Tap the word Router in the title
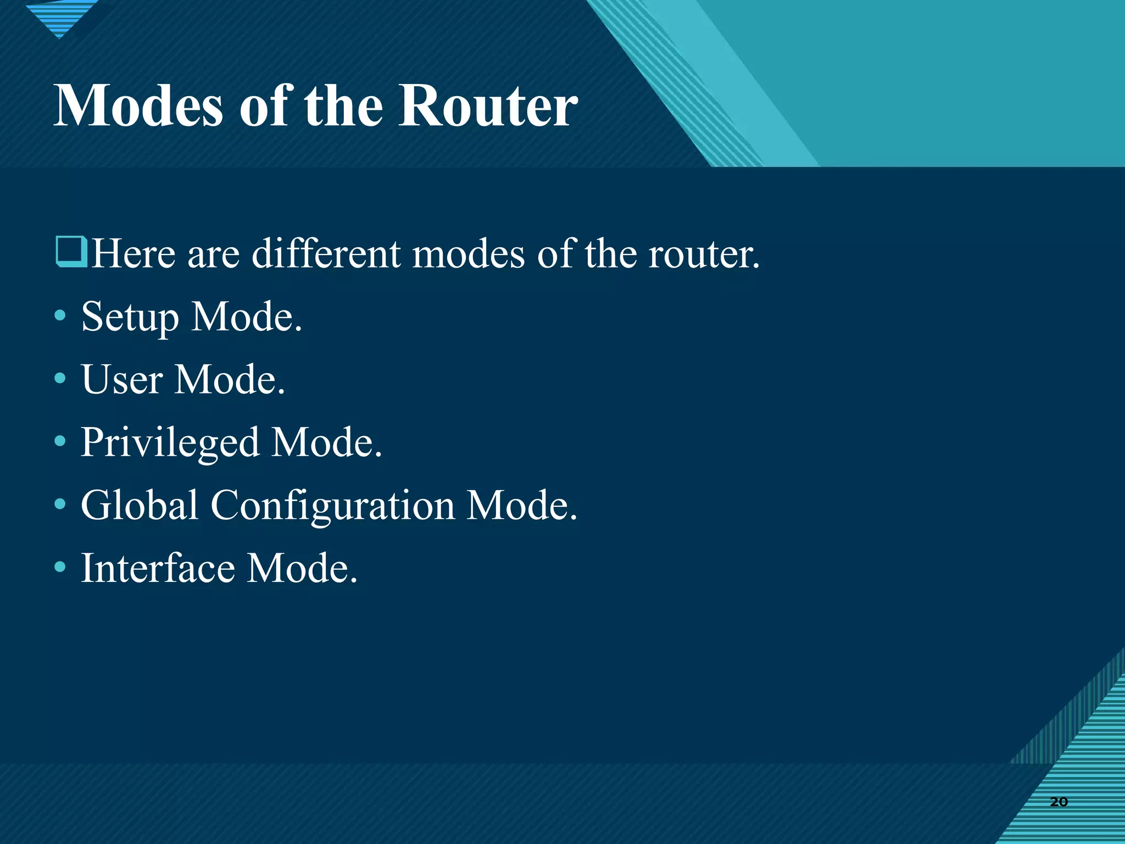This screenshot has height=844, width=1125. tap(488, 105)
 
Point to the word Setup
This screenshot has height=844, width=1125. tap(130, 318)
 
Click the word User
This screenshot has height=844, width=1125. tap(122, 380)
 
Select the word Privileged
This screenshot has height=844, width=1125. tap(170, 443)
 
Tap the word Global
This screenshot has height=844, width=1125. tap(140, 505)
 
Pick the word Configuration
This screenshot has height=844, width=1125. tap(333, 506)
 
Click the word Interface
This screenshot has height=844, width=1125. tap(157, 568)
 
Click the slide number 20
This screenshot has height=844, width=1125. tap(1059, 802)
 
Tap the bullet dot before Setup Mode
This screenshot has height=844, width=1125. tap(60, 316)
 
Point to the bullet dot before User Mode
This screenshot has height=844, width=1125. tap(60, 378)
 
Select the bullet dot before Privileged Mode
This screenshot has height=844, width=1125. tap(60, 441)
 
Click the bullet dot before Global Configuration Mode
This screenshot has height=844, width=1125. tap(60, 503)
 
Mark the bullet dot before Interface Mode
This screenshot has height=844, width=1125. tap(60, 566)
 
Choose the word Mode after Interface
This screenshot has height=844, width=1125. tap(302, 568)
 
